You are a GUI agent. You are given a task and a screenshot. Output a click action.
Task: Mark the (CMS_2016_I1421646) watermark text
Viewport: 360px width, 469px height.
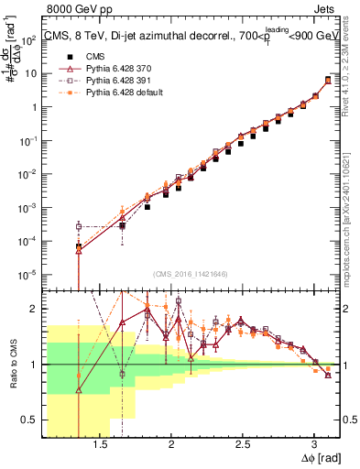pyautogui.click(x=191, y=273)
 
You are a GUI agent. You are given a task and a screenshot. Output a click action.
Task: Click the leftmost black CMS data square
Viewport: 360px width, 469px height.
pyautogui.click(x=79, y=246)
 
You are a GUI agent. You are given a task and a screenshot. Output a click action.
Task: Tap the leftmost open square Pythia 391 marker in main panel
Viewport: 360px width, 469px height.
pyautogui.click(x=79, y=226)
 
